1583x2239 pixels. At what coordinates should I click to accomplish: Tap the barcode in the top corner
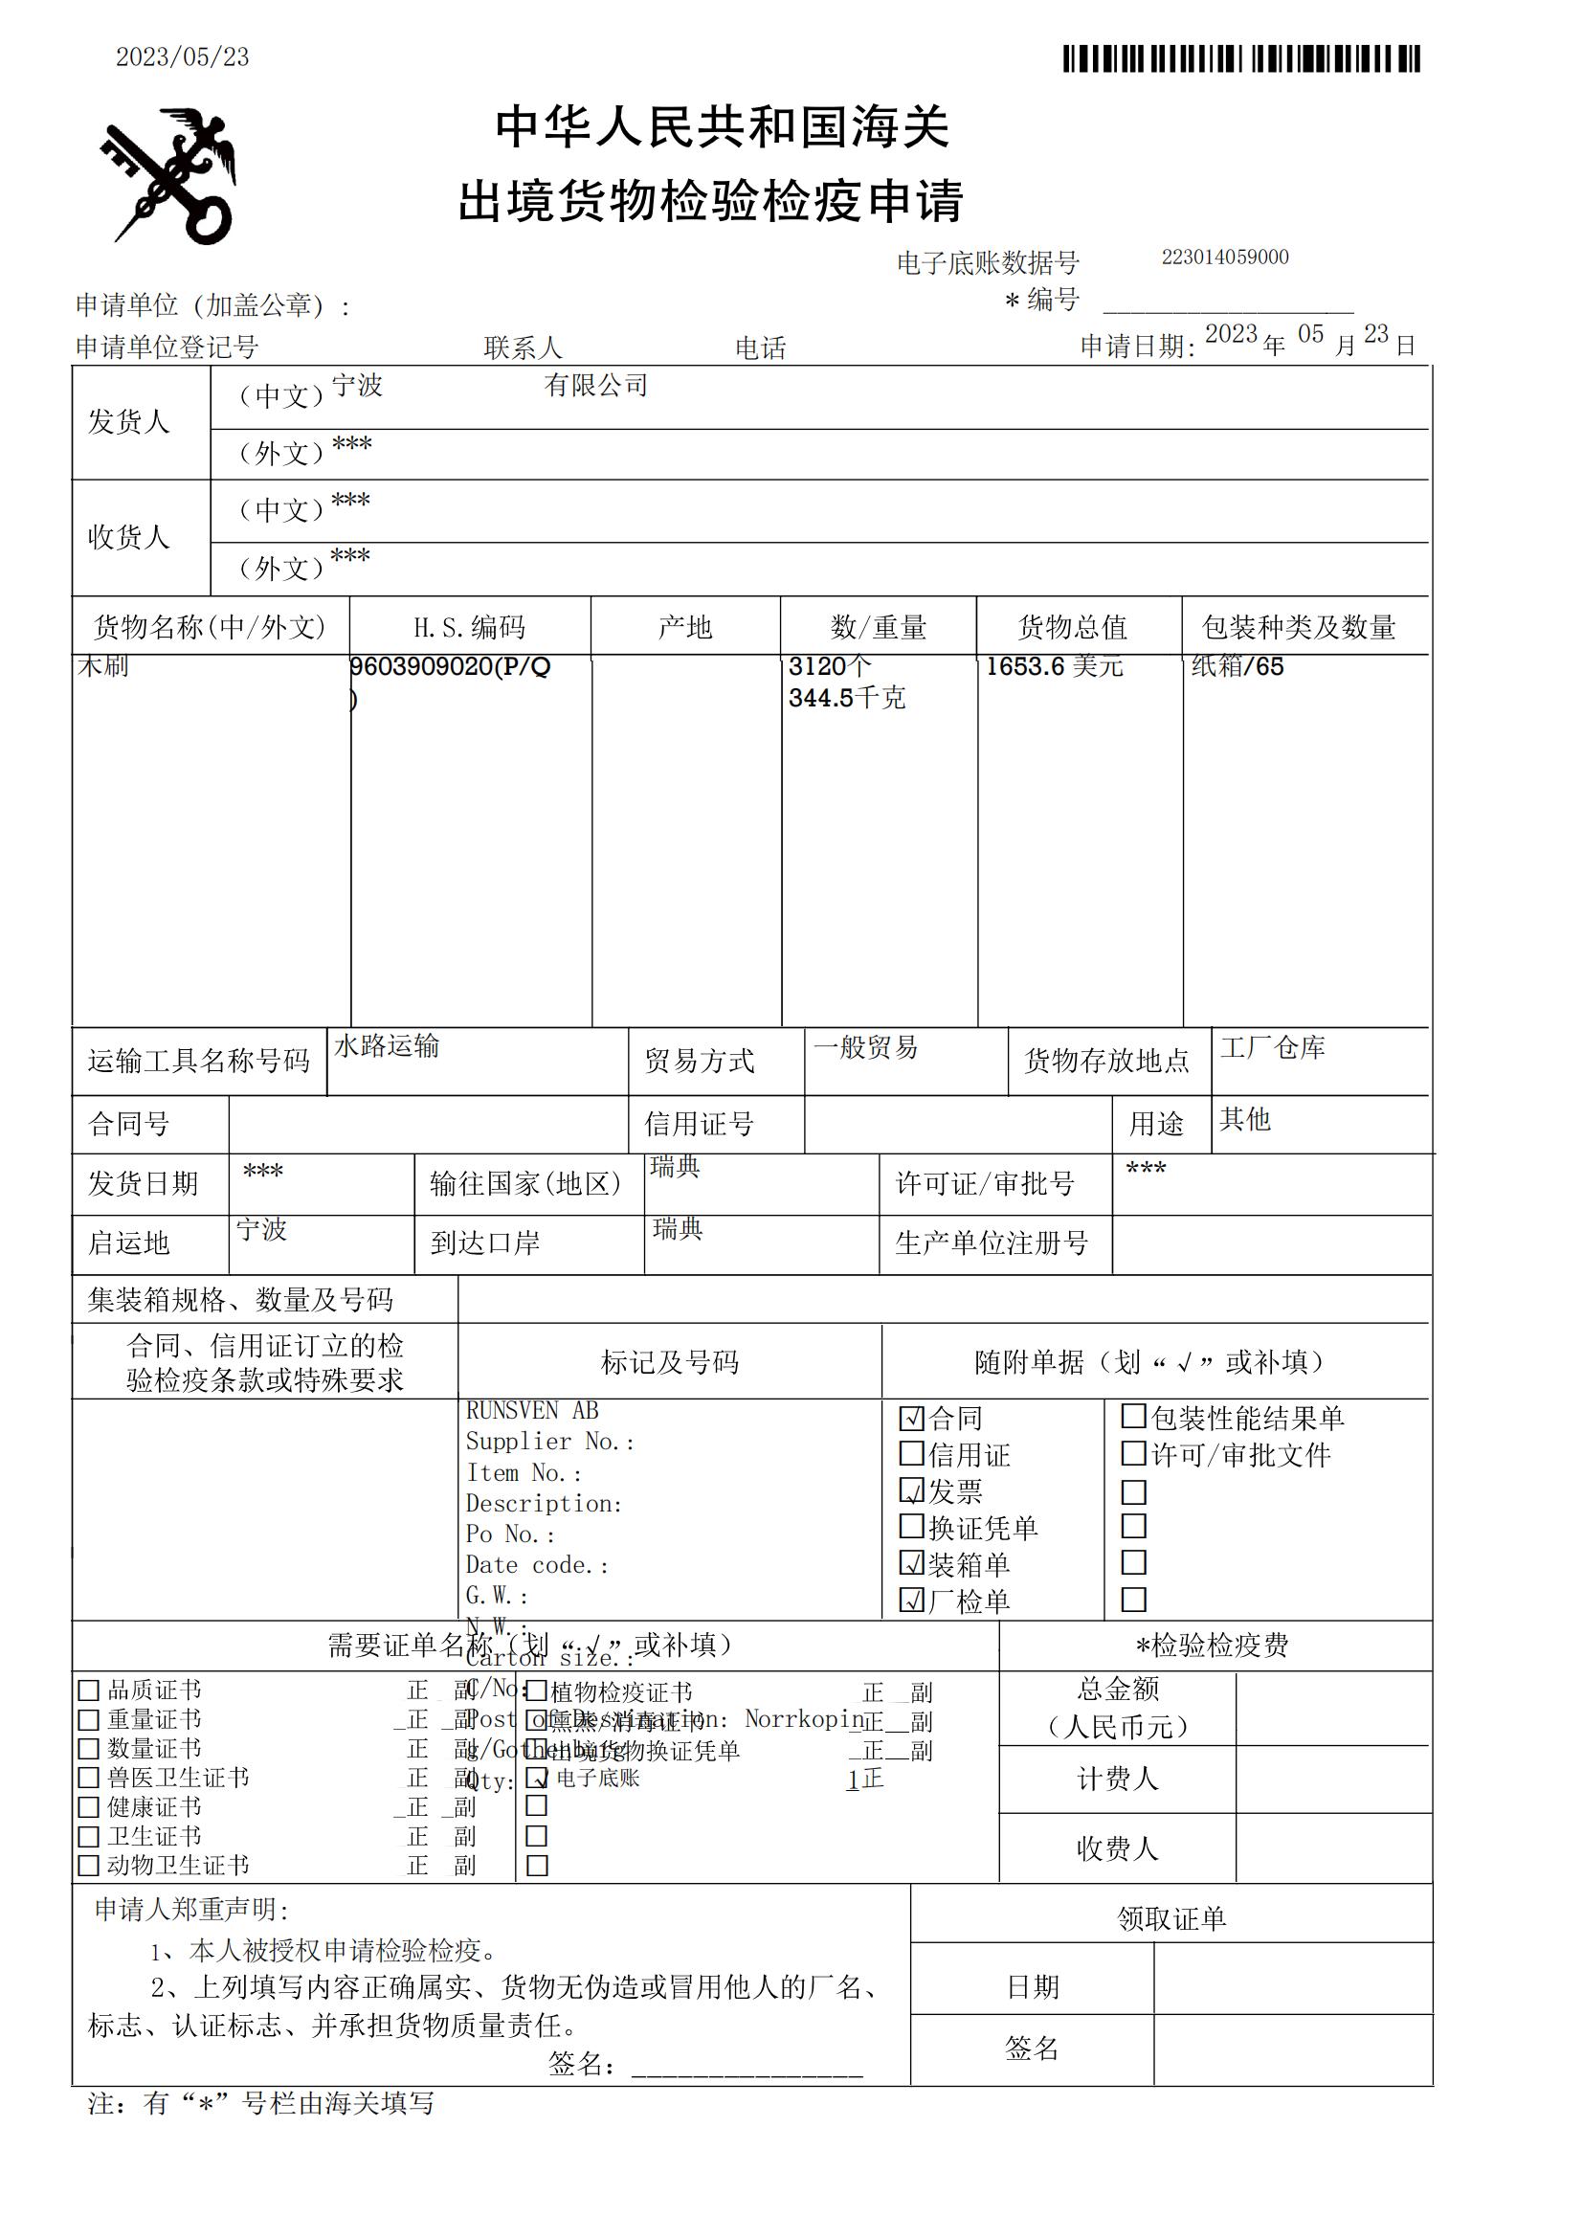pyautogui.click(x=1241, y=58)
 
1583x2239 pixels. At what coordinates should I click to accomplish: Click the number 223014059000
pyautogui.click(x=1224, y=257)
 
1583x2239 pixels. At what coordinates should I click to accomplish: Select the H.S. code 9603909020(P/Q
pyautogui.click(x=451, y=667)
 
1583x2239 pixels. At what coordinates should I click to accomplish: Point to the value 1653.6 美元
pyautogui.click(x=1054, y=667)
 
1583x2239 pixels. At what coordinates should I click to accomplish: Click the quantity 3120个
pyautogui.click(x=830, y=667)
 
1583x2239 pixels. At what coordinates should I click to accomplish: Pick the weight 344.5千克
pyautogui.click(x=846, y=698)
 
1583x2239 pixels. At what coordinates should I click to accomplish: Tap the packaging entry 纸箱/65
pyautogui.click(x=1237, y=667)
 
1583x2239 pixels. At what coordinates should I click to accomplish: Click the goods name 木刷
pyautogui.click(x=102, y=667)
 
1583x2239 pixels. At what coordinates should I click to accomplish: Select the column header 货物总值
pyautogui.click(x=1072, y=627)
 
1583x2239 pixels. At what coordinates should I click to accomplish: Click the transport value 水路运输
pyautogui.click(x=387, y=1046)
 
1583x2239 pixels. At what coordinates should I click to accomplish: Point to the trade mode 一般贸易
pyautogui.click(x=865, y=1048)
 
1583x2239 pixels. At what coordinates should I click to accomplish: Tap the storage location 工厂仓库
pyautogui.click(x=1272, y=1048)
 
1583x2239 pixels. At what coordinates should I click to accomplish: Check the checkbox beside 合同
pyautogui.click(x=911, y=1418)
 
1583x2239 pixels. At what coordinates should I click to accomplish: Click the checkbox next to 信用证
pyautogui.click(x=911, y=1454)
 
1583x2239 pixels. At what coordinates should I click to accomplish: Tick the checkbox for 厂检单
pyautogui.click(x=911, y=1601)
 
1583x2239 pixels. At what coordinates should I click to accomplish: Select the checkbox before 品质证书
pyautogui.click(x=89, y=1690)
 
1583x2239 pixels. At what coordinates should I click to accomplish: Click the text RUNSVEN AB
pyautogui.click(x=532, y=1411)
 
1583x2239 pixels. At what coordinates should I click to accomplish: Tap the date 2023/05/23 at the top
pyautogui.click(x=182, y=57)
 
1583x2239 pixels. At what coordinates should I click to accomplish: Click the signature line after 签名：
pyautogui.click(x=747, y=2066)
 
